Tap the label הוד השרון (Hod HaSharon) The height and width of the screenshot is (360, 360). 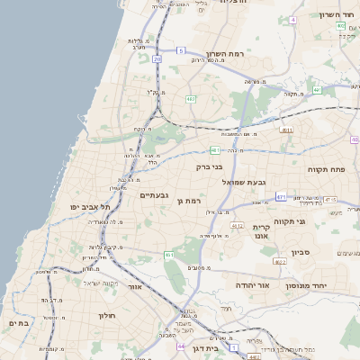click(x=337, y=15)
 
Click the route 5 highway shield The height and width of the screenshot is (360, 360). click(x=180, y=50)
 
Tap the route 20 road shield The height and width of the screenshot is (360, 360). click(x=157, y=58)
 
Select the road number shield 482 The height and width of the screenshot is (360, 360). click(x=191, y=98)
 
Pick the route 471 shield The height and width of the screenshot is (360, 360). click(x=282, y=196)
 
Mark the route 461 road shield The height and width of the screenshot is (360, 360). click(x=168, y=256)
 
